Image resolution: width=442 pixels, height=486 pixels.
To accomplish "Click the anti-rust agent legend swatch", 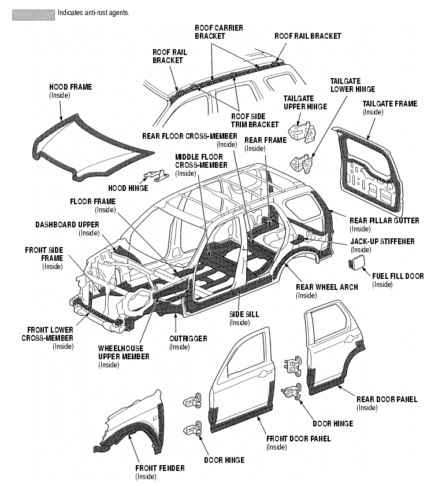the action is [x=34, y=15].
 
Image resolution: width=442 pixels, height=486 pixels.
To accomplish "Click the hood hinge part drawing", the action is [x=156, y=176].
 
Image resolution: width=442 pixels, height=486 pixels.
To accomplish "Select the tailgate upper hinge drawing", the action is [x=302, y=131].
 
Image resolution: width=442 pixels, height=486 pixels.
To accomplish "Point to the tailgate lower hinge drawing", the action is [x=302, y=163].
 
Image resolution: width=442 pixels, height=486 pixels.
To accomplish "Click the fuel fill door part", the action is [x=356, y=262].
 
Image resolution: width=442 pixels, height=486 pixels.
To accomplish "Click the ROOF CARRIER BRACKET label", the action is [x=219, y=32].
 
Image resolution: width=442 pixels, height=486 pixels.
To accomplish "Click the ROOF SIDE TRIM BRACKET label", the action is [x=255, y=120].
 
